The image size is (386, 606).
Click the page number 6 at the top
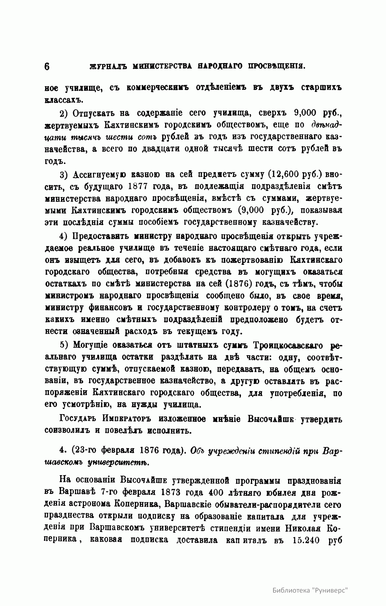coord(47,67)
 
